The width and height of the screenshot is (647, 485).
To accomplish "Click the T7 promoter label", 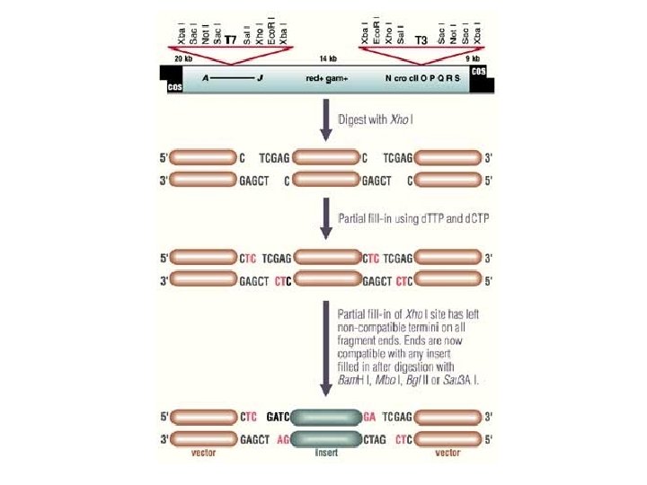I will point(230,40).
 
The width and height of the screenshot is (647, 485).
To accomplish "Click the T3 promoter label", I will point(420,40).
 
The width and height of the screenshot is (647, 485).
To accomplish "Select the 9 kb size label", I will point(474,58).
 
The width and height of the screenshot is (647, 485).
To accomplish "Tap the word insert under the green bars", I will point(325,454).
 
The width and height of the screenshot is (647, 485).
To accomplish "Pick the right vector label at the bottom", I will point(448,454).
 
